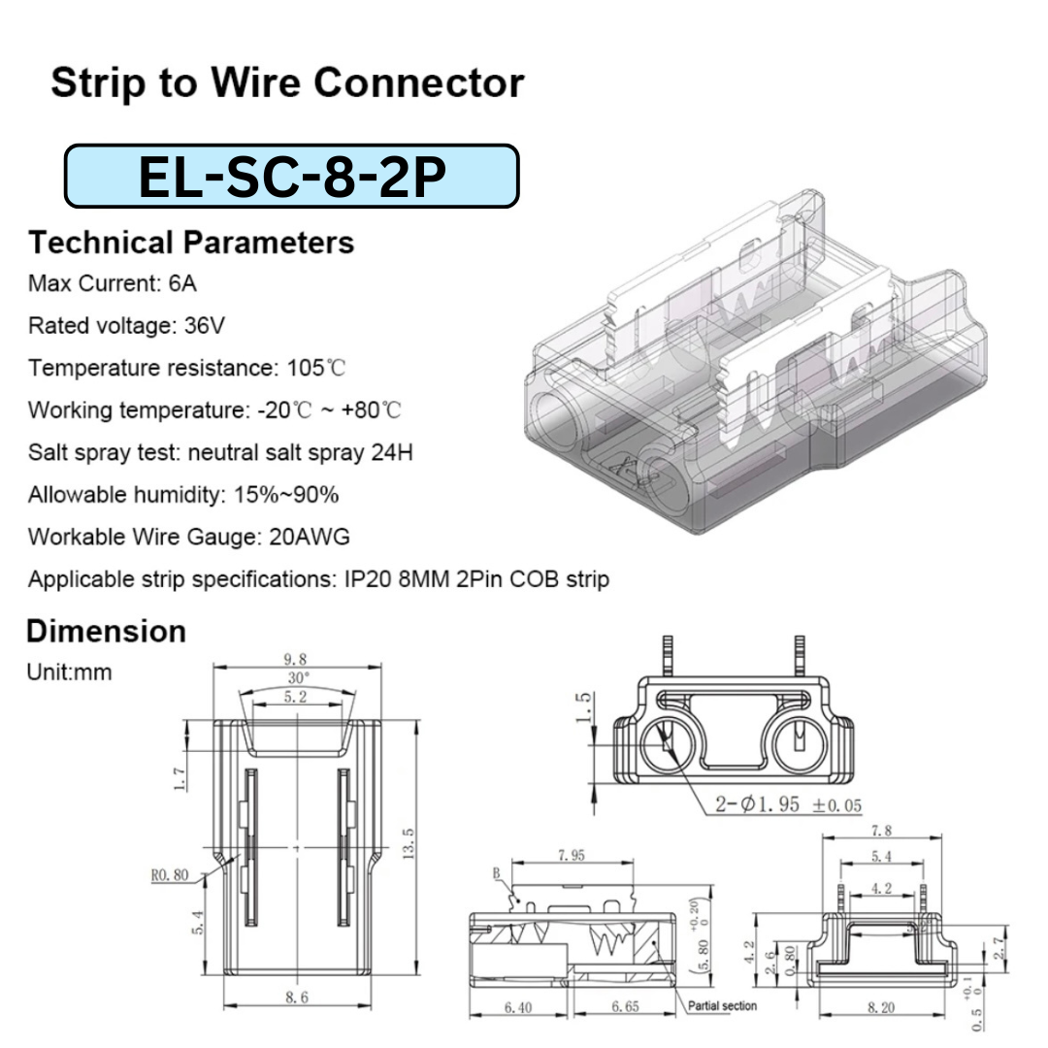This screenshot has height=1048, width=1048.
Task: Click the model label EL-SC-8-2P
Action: [291, 176]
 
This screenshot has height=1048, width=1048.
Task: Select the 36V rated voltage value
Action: [205, 325]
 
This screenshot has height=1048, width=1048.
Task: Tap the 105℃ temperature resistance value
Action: [316, 368]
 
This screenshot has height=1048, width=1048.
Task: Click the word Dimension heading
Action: [106, 632]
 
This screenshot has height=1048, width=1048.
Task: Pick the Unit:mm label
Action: [70, 671]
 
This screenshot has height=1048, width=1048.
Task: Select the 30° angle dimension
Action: [298, 676]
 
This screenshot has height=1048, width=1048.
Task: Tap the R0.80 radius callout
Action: [170, 874]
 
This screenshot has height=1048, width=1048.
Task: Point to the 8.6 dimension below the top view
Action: [297, 998]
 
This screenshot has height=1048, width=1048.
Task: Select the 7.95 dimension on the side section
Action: [571, 855]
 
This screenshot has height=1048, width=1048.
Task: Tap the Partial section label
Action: [722, 1005]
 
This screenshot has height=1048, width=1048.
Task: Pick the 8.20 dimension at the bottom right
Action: [881, 1007]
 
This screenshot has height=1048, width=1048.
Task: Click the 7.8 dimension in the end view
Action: [881, 830]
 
